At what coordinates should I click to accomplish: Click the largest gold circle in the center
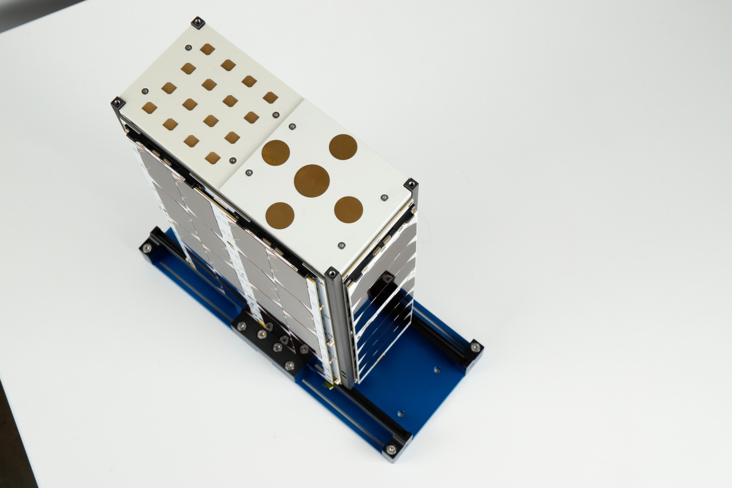coord(312,180)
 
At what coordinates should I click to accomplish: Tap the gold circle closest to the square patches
coord(275,152)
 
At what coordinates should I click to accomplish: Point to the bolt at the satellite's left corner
coord(118,103)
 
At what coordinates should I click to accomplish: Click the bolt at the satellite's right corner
coord(411,185)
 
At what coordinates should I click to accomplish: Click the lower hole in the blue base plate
coord(400,413)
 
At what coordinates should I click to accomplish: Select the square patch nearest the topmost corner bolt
coord(207,49)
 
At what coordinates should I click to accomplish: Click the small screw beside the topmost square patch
coord(188,48)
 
